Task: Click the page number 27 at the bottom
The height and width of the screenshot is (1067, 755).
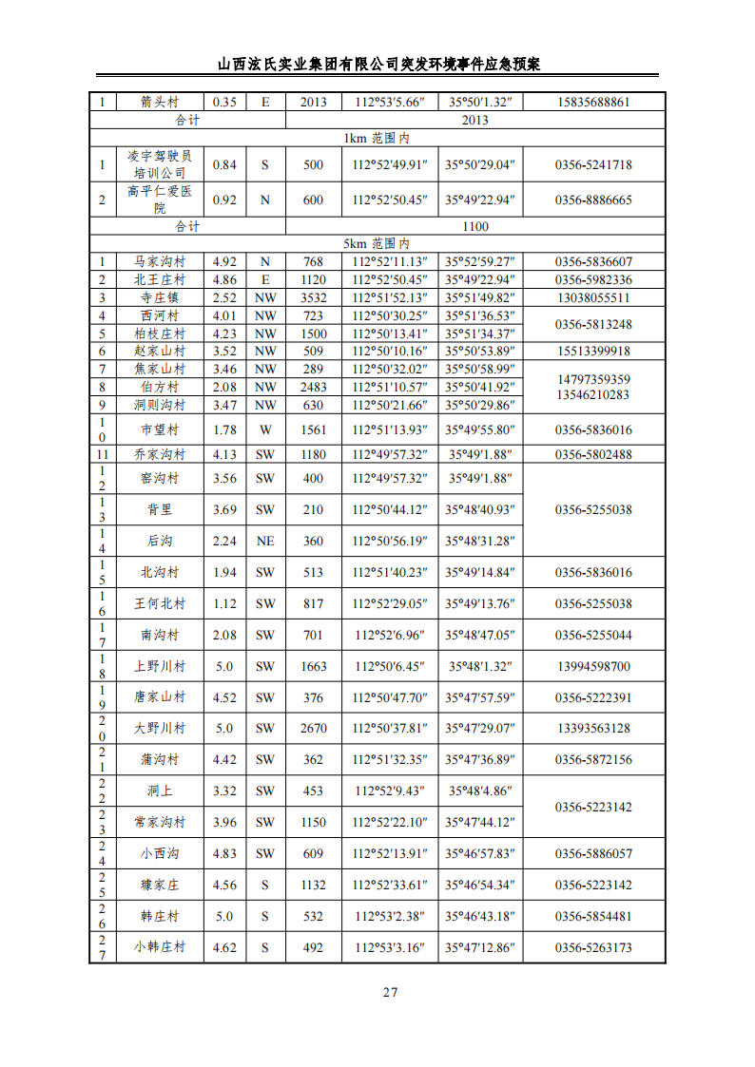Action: click(x=390, y=993)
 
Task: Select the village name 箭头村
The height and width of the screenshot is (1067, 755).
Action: click(x=160, y=103)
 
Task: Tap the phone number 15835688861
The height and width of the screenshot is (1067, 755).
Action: click(x=593, y=103)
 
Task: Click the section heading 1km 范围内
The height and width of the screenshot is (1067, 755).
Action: click(x=377, y=138)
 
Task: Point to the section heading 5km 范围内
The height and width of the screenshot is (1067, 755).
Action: click(x=377, y=244)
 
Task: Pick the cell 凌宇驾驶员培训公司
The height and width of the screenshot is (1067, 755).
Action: click(x=160, y=164)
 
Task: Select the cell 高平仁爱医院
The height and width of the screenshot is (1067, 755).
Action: click(x=160, y=200)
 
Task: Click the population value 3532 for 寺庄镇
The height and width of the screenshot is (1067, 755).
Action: click(x=313, y=297)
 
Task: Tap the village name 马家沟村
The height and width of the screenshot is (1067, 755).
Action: click(x=160, y=262)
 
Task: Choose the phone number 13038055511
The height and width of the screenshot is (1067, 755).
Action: click(x=593, y=297)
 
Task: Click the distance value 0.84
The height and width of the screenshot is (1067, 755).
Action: click(x=224, y=164)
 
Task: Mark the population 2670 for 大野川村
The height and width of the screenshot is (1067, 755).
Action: click(x=313, y=729)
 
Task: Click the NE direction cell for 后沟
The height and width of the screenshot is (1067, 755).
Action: click(x=264, y=541)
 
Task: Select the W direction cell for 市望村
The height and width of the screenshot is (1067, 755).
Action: click(x=264, y=429)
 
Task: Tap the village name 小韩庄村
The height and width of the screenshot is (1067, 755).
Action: click(x=160, y=947)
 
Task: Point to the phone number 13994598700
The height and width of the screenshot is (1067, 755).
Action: click(x=593, y=666)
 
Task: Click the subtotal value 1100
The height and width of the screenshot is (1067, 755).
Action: click(x=474, y=226)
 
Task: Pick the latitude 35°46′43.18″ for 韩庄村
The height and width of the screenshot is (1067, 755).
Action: click(x=480, y=916)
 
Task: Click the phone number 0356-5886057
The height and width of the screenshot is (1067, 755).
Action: click(x=593, y=853)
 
